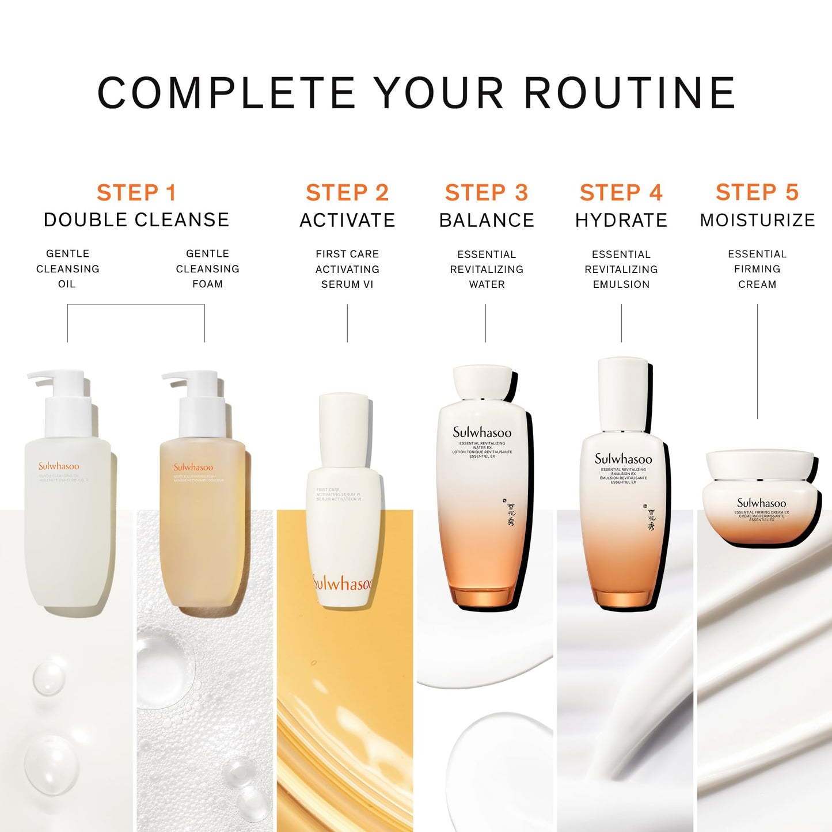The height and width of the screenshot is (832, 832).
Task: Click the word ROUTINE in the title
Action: pos(630,93)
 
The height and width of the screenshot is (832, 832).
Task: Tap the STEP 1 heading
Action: pos(136,193)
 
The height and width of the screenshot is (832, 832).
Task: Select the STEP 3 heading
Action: pos(487,193)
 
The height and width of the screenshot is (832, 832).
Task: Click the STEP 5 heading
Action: pos(757,192)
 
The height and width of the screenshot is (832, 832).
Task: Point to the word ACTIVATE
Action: pos(347,220)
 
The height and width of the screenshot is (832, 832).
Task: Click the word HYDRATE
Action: pos(621,220)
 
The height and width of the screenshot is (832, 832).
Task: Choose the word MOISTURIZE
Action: pos(757,220)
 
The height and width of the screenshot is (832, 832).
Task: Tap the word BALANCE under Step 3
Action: pos(487,220)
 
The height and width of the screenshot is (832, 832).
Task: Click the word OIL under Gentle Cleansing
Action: pos(67,284)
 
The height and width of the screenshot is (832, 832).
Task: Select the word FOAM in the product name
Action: pos(207,284)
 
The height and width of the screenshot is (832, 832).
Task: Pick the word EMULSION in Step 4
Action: pos(621,284)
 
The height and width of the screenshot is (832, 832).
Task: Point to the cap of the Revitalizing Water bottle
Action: pos(482,381)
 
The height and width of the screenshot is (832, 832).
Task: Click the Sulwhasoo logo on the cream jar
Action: pos(761,503)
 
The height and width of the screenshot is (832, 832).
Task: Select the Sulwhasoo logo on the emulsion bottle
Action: pos(623,459)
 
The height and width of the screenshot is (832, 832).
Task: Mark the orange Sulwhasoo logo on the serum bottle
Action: pos(343,583)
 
